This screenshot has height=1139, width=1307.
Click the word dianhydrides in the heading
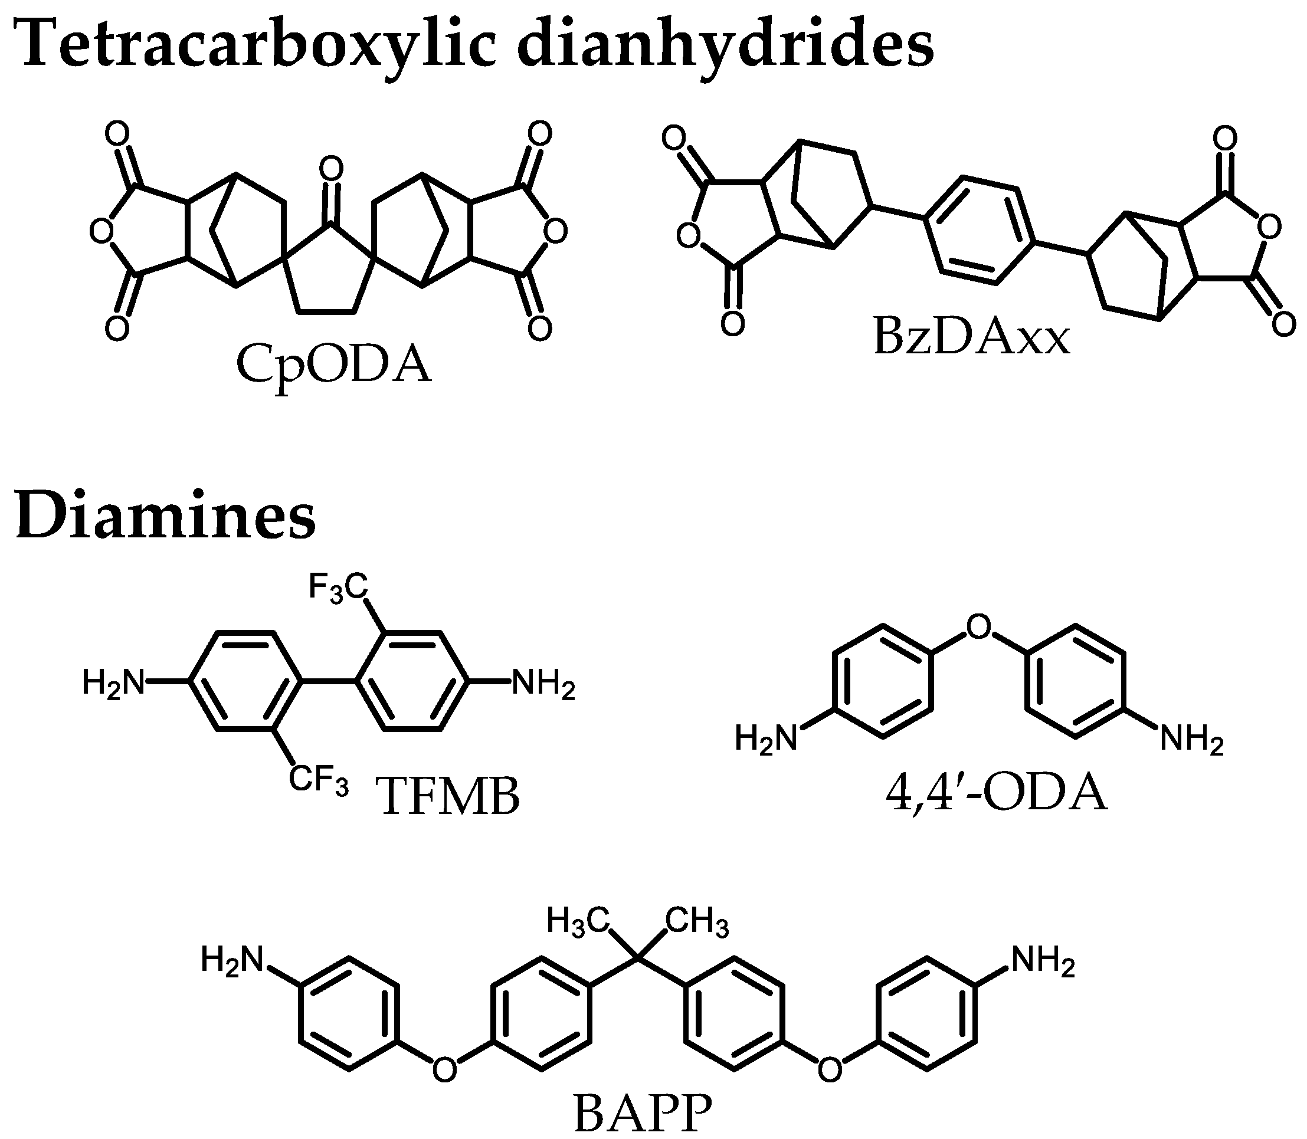click(x=725, y=43)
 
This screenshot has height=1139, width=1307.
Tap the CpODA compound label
click(x=333, y=367)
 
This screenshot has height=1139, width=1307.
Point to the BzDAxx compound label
click(x=971, y=337)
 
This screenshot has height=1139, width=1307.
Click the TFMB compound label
click(x=449, y=797)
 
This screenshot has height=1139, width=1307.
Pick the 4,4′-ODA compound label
click(x=996, y=794)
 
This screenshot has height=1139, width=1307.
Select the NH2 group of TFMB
click(x=543, y=685)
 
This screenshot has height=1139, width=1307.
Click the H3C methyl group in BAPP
click(x=578, y=921)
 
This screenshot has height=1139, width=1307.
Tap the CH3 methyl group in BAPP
click(x=697, y=921)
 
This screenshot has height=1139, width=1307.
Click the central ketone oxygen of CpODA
click(x=330, y=169)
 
